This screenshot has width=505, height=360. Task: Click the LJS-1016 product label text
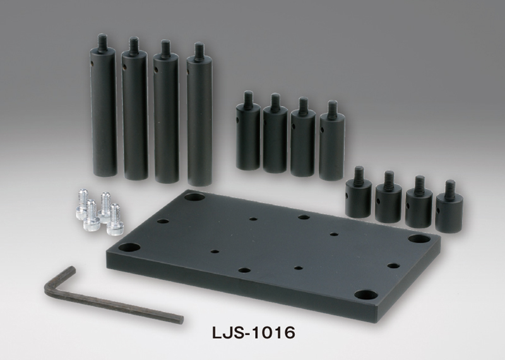coord(253,333)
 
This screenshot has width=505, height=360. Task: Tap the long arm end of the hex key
coord(181,318)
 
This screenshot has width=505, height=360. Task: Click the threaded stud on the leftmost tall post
coord(102,41)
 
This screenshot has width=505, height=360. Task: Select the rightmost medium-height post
coord(332,140)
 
